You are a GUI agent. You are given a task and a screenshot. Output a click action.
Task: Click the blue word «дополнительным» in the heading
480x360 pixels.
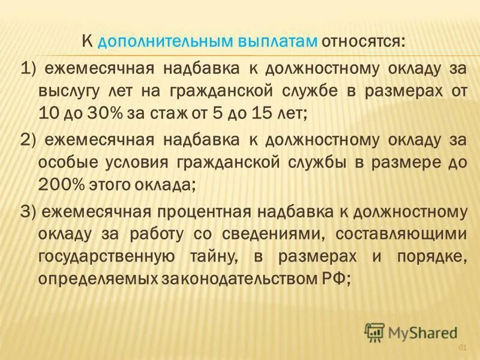click(155, 43)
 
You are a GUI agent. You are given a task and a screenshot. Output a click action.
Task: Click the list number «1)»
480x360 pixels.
click(29, 69)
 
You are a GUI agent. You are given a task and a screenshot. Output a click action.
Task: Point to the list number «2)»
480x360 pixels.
click(29, 140)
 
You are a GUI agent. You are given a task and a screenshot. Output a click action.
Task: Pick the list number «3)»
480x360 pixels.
click(29, 211)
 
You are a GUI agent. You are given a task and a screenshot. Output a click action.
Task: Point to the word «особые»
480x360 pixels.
click(65, 163)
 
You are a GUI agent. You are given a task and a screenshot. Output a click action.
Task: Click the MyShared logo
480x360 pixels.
click(411, 332)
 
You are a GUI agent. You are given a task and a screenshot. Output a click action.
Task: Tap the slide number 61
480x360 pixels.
click(462, 348)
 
